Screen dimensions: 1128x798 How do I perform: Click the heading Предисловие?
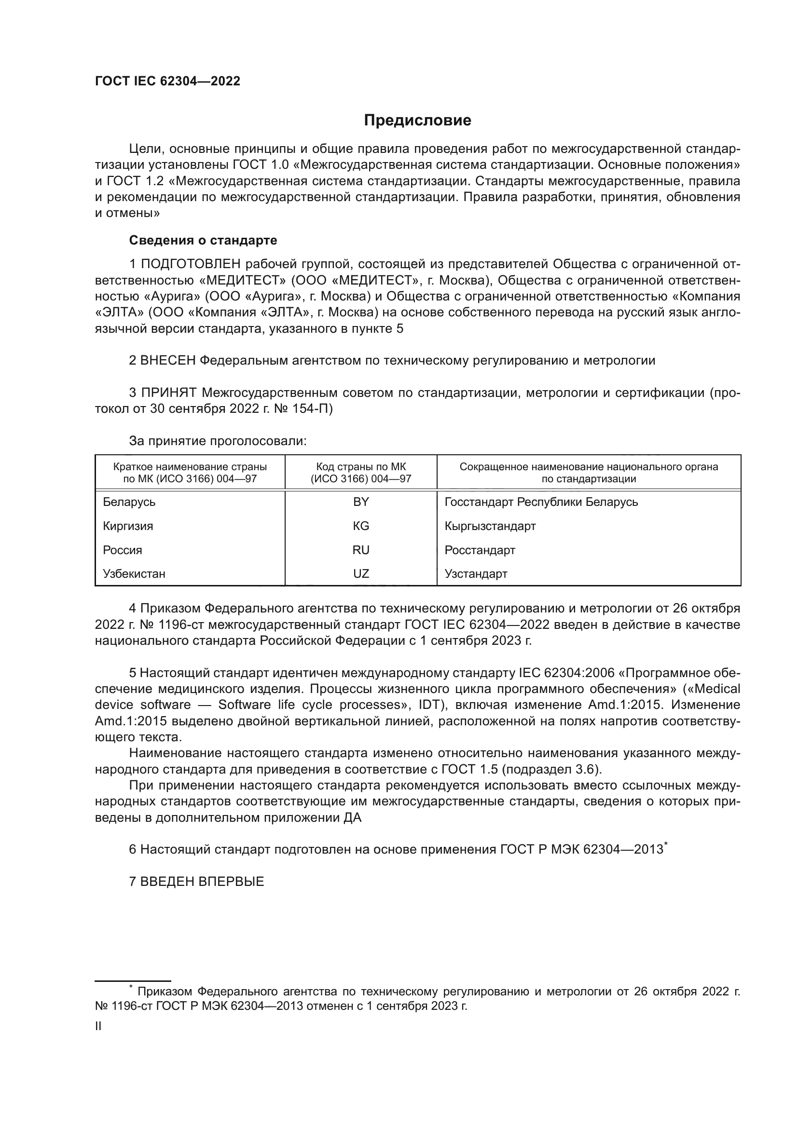coord(417,121)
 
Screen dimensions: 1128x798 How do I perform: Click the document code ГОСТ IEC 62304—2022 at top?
coord(167,82)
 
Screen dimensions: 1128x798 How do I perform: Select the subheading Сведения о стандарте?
coord(203,240)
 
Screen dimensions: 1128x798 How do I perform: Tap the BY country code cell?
coord(361,502)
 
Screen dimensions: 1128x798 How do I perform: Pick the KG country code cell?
coord(361,526)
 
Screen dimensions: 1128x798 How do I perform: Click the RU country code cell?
coord(361,550)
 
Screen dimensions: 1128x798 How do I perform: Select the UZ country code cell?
coord(361,573)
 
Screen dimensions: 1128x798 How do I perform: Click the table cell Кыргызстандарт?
coord(490,526)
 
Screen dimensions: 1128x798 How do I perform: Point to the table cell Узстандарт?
coord(476,573)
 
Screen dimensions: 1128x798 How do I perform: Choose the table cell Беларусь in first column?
coord(129,502)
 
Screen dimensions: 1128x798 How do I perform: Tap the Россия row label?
coord(123,550)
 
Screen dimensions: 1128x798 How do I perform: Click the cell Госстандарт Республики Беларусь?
coord(541,502)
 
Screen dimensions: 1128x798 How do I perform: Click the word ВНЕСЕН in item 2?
coord(168,361)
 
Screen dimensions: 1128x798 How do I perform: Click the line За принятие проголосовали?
coord(218,441)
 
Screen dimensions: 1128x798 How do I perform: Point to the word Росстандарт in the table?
coord(480,550)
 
